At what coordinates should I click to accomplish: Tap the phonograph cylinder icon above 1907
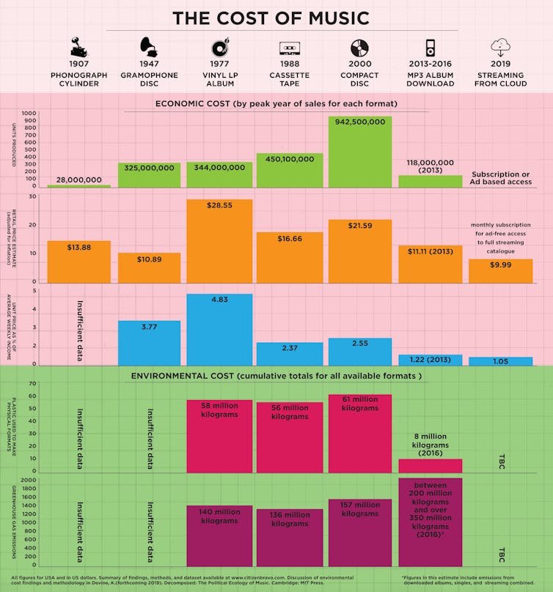(x=78, y=48)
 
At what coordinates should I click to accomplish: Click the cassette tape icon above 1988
(x=290, y=48)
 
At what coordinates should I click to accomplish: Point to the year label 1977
(x=219, y=64)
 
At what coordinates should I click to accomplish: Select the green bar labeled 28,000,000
(x=78, y=186)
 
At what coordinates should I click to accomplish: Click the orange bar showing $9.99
(x=501, y=270)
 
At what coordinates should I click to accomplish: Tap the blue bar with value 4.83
(x=219, y=330)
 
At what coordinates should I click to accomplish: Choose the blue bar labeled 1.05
(x=501, y=361)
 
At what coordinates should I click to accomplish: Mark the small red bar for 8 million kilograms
(x=431, y=466)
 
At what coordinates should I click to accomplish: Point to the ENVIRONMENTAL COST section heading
(x=276, y=376)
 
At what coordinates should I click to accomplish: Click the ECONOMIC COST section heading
(x=276, y=104)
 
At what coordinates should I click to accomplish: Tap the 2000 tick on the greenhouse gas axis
(x=29, y=480)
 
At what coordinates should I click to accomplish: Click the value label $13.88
(x=78, y=248)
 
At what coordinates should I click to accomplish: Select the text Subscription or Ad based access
(x=501, y=178)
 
